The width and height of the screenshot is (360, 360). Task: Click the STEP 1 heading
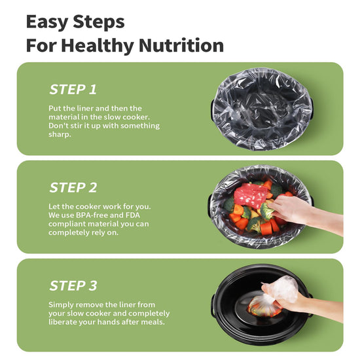(x=73, y=90)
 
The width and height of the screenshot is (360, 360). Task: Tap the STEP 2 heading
(x=73, y=188)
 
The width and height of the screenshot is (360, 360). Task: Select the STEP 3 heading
(x=73, y=286)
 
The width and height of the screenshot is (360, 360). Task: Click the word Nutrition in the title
(x=181, y=45)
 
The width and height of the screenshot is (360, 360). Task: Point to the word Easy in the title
(x=46, y=22)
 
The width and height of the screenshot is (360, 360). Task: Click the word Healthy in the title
(x=98, y=46)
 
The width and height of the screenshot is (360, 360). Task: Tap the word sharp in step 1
(x=60, y=135)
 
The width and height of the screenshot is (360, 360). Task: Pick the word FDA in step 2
(x=133, y=215)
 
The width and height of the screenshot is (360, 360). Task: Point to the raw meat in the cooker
(x=251, y=196)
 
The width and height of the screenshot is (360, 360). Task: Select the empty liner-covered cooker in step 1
(x=262, y=109)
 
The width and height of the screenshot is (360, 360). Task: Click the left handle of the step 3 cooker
(x=213, y=305)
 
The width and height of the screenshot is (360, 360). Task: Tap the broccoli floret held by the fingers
(x=266, y=211)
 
